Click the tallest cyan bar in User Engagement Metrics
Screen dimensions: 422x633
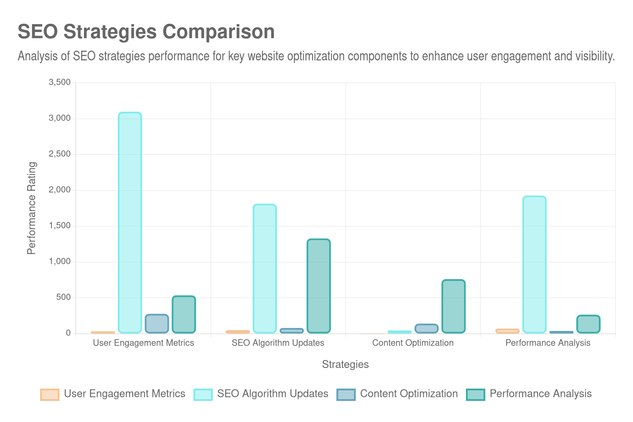(130, 222)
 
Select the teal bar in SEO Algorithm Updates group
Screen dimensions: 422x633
(318, 286)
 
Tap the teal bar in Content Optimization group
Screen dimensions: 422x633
(453, 306)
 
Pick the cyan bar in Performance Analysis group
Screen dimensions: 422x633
(534, 264)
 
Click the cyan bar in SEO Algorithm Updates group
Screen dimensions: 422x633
(265, 268)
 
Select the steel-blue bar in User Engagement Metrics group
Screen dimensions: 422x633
(156, 323)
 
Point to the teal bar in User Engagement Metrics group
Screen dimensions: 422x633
(183, 314)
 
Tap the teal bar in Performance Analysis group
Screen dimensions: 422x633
(588, 324)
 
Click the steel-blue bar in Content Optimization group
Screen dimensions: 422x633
(426, 328)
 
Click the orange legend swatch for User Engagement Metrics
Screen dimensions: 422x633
(50, 394)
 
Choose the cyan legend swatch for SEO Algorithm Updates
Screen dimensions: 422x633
(203, 394)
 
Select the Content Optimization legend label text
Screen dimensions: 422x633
(409, 393)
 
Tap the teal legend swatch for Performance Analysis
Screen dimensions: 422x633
(475, 394)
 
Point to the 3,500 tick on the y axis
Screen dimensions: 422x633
(59, 82)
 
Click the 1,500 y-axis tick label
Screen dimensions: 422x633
(59, 226)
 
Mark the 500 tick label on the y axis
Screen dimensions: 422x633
(62, 297)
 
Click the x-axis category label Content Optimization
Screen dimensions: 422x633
(413, 343)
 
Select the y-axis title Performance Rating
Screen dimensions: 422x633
(31, 208)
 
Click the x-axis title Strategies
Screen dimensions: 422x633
(345, 364)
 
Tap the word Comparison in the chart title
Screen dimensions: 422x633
(218, 32)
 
